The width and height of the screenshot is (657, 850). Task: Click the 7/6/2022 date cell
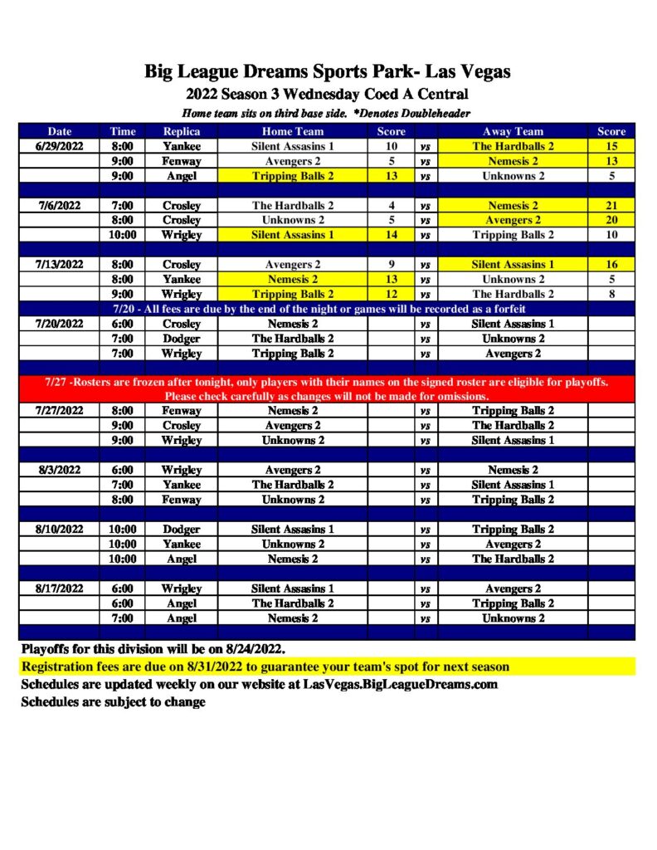point(60,205)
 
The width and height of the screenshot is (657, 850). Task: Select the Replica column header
point(181,131)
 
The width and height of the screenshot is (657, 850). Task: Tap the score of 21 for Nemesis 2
point(612,205)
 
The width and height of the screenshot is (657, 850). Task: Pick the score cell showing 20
point(612,220)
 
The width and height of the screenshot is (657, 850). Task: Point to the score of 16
point(612,265)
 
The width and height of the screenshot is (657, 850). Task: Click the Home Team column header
point(293,131)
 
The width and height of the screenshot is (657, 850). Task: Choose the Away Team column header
point(513,131)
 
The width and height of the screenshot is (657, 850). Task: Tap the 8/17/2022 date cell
point(60,589)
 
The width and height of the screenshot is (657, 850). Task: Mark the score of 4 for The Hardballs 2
point(391,205)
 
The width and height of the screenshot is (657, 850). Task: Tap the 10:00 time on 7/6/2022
point(122,235)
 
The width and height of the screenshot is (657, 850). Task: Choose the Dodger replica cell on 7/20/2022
point(181,339)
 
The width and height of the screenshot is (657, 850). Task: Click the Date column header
point(60,131)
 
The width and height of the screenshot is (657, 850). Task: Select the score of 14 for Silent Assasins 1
point(391,235)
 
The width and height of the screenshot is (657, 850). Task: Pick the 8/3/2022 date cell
point(60,470)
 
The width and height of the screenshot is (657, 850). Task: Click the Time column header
point(122,131)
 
